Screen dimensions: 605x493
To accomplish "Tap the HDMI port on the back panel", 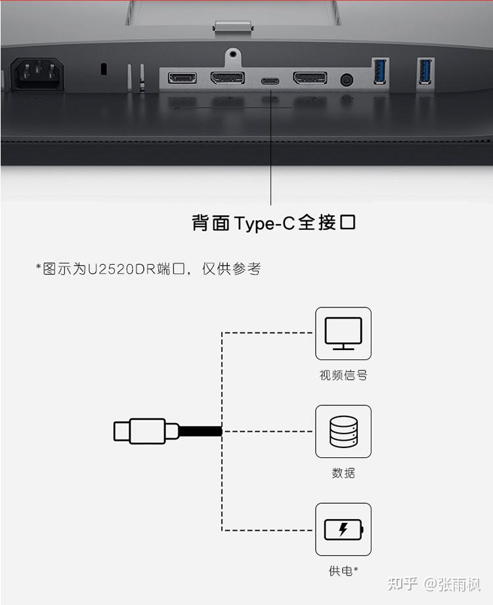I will [182, 78].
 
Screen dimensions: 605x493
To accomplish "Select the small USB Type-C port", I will [270, 81].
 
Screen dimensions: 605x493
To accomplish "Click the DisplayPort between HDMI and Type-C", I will [227, 78].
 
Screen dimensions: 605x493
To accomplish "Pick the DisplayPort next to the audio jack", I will [310, 78].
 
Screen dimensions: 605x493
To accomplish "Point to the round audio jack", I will [346, 80].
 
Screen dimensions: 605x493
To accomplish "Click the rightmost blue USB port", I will [425, 71].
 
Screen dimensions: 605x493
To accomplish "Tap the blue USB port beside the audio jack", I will [380, 71].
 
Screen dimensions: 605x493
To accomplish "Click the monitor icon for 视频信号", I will [343, 334].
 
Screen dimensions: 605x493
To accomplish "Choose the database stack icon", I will [343, 432].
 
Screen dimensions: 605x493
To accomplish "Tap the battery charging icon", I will [343, 529].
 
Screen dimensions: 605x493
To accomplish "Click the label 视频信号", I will [343, 376].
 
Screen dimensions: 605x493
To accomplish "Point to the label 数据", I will [343, 473].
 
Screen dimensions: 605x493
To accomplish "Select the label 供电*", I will [343, 571].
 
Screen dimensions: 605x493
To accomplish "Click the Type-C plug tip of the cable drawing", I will [121, 432].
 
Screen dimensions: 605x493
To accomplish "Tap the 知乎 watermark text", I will [403, 583].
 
